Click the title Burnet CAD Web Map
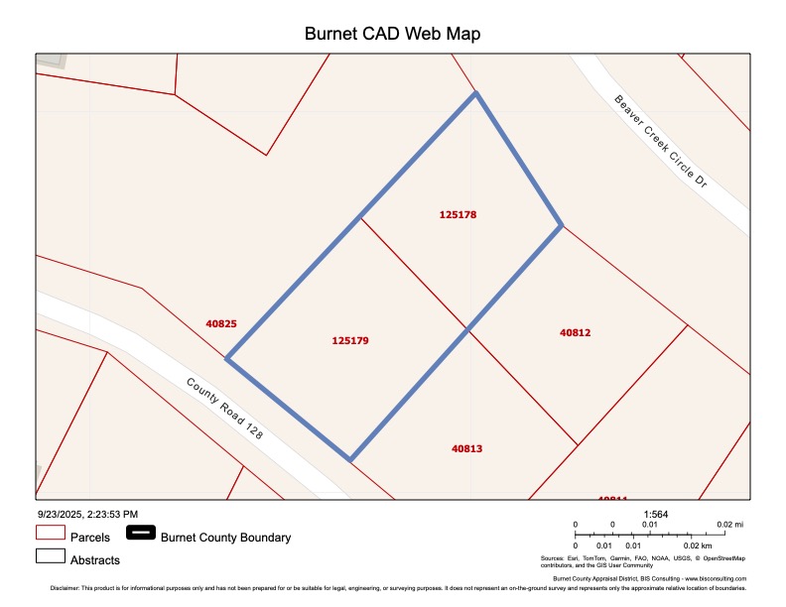pyautogui.click(x=392, y=34)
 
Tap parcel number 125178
pyautogui.click(x=464, y=214)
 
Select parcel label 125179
pyautogui.click(x=350, y=340)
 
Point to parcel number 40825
pyautogui.click(x=221, y=323)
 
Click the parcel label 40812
pyautogui.click(x=576, y=333)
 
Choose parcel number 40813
pyautogui.click(x=466, y=448)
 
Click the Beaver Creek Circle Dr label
pyautogui.click(x=660, y=142)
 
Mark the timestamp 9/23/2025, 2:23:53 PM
pyautogui.click(x=87, y=514)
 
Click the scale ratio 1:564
pyautogui.click(x=656, y=514)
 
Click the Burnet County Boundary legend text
pyautogui.click(x=225, y=538)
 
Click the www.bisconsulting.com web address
pyautogui.click(x=714, y=578)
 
